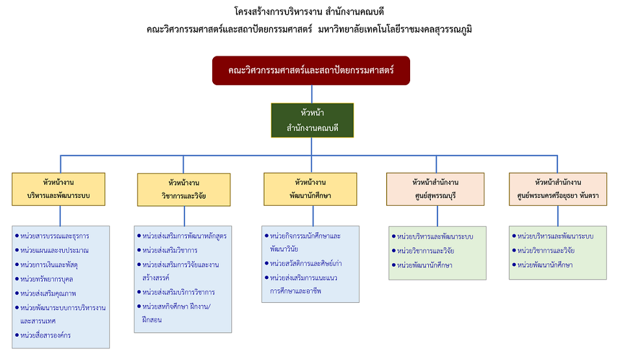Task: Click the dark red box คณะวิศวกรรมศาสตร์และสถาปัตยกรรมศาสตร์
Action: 311,70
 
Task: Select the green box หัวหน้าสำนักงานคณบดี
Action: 312,121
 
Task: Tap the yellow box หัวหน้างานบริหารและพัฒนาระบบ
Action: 58,189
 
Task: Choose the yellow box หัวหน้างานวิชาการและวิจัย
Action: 184,189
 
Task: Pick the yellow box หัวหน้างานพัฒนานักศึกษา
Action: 310,189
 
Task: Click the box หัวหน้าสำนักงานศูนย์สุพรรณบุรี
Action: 435,189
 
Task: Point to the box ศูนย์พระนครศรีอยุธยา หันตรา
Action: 558,189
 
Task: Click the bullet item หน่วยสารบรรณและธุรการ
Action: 52,236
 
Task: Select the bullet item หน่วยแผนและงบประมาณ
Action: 52,250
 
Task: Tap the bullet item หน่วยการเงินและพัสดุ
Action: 47,265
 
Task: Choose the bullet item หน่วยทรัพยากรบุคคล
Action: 44,279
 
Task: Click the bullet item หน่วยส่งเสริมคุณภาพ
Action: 45,294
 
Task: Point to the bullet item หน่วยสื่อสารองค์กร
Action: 43,335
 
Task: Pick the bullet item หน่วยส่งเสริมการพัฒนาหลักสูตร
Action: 182,236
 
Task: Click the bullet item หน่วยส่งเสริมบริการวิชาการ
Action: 176,292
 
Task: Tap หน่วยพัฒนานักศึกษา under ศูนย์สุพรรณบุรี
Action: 422,265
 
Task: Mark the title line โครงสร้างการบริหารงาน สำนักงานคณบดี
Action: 309,12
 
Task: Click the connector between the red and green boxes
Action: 311,94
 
